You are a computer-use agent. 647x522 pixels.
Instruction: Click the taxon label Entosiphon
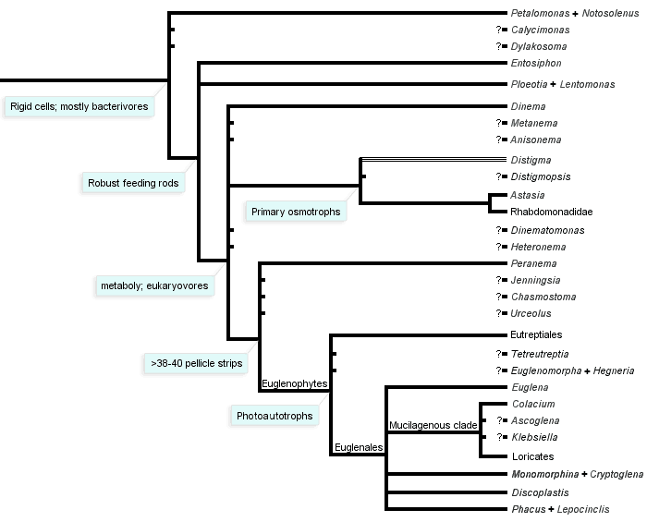click(536, 64)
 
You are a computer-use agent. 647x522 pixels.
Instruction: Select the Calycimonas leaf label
click(541, 30)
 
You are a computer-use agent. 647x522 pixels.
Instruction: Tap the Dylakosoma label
click(540, 46)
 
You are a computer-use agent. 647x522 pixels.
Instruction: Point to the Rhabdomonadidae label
click(551, 212)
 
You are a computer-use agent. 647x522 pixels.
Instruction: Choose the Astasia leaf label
click(528, 196)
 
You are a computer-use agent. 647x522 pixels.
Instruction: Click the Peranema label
click(533, 263)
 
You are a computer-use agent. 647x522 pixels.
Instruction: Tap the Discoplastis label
click(540, 492)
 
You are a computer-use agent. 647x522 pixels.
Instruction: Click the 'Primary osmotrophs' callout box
click(296, 212)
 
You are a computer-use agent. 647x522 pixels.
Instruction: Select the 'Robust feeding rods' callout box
click(133, 183)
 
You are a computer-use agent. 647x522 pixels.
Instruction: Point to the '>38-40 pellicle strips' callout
click(196, 363)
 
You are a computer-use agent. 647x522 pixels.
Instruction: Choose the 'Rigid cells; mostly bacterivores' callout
click(79, 106)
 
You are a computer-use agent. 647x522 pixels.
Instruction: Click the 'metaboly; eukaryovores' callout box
click(153, 285)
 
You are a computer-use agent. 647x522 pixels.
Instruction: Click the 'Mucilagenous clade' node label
click(433, 425)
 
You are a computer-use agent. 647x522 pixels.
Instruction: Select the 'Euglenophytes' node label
click(294, 382)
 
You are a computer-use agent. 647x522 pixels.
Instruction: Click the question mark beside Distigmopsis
click(499, 176)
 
